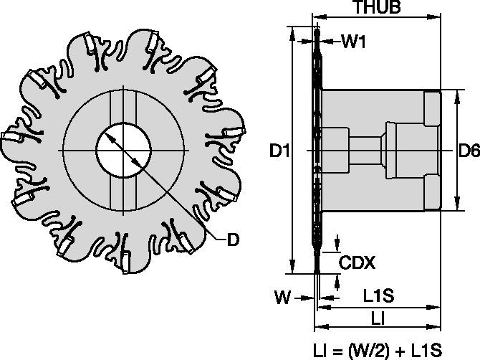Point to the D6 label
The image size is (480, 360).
click(x=469, y=151)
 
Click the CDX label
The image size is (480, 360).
click(x=357, y=262)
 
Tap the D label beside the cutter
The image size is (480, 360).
click(x=233, y=240)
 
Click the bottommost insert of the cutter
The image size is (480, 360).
click(x=128, y=264)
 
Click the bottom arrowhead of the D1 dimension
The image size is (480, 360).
click(x=292, y=267)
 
